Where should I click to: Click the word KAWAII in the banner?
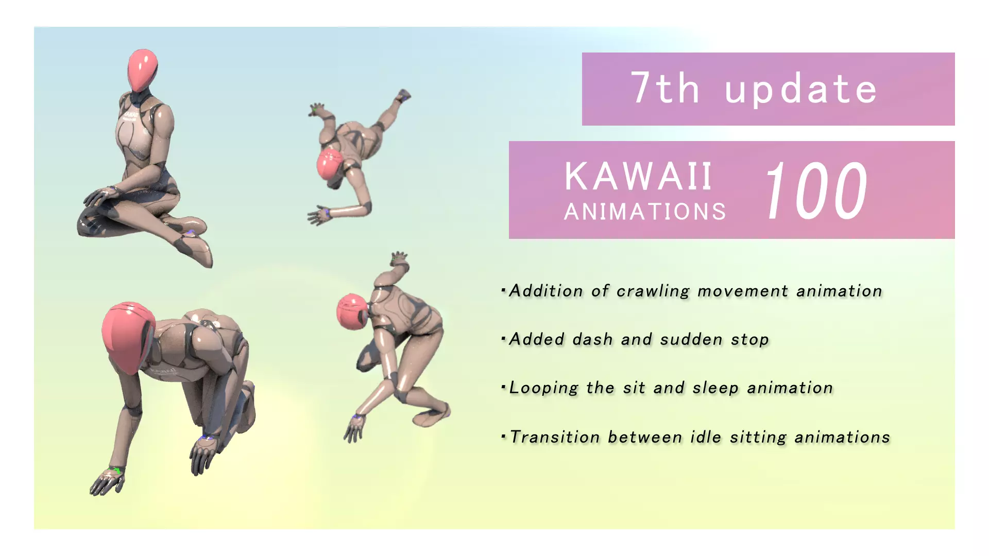638,177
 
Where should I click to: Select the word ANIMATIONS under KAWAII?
645,212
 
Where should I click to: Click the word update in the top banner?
800,89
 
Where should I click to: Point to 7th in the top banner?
665,88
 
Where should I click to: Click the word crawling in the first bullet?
653,291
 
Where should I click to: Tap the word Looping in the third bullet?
543,388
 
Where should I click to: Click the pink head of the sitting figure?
142,70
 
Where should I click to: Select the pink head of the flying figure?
330,163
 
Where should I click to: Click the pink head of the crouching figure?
352,311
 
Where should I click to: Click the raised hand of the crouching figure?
399,259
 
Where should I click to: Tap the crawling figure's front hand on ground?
108,482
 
